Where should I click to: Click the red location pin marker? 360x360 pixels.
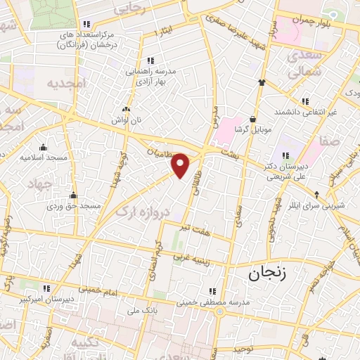(181, 165)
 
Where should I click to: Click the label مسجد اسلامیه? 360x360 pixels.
(44, 157)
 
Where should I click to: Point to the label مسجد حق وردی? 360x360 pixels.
(75, 206)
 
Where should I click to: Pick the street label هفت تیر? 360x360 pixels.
(195, 227)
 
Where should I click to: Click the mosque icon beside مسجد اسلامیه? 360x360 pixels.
(44, 147)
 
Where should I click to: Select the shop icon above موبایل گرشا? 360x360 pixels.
(251, 120)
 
